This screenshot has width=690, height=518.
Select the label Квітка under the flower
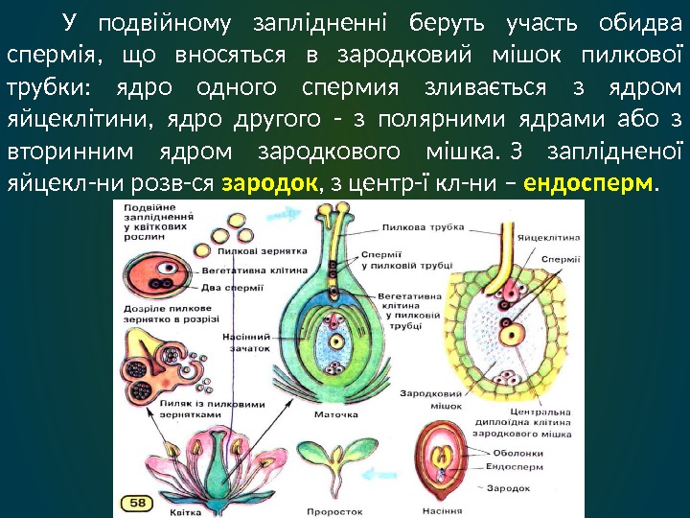pos(185,511)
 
